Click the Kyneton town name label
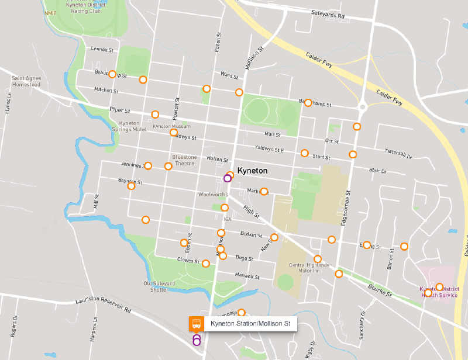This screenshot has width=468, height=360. pos(253,171)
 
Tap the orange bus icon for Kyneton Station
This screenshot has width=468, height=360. pos(196,324)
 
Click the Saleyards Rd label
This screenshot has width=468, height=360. pos(328,12)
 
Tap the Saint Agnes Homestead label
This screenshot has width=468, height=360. pos(26,81)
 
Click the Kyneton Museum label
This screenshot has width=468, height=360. pos(171,126)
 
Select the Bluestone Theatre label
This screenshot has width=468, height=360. pos(184,160)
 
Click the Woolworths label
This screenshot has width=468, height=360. pos(212,195)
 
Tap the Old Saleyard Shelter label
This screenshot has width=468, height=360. pos(160,286)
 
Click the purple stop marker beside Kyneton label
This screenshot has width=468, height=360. pos(228,179)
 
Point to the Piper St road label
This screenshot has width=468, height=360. pos(119,109)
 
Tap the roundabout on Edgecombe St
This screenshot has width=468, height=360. pos(363,106)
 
